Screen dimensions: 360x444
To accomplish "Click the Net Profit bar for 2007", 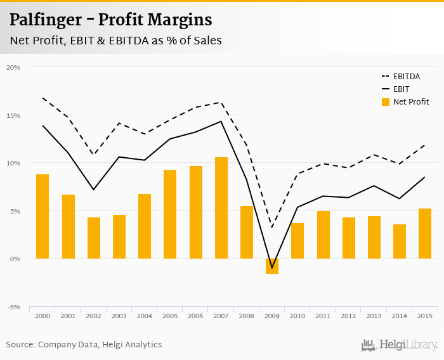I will point(221,208).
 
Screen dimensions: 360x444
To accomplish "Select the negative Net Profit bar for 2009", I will point(272,266).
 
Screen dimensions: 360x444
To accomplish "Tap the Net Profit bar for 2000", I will point(42,216).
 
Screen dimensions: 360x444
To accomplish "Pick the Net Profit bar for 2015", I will point(425,233).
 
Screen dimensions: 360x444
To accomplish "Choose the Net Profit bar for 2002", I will point(94,238).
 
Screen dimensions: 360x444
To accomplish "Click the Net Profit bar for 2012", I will point(348,238).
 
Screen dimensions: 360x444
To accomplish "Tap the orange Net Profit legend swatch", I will point(385,101).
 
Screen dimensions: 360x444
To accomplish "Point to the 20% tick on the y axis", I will point(13,67).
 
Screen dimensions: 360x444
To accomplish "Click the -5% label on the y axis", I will point(13,307).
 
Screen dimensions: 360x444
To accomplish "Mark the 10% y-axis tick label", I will point(13,163).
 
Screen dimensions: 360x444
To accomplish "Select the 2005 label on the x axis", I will point(170,316).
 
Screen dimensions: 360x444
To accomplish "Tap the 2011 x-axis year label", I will point(323,316).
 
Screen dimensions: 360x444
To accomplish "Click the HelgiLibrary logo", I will point(399,345).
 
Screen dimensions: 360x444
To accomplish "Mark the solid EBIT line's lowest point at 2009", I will point(272,267).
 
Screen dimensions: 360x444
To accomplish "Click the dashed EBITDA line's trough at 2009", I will point(272,228).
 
